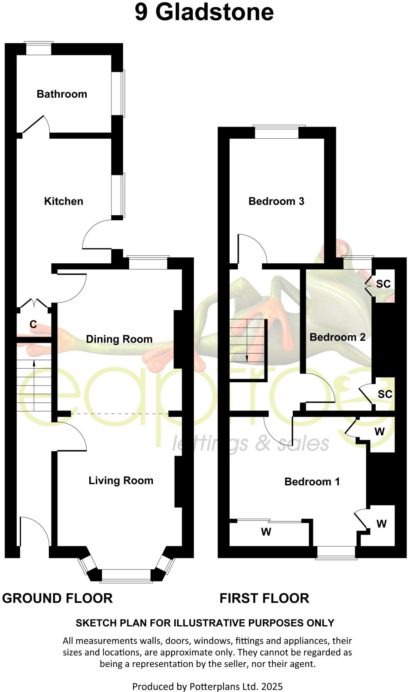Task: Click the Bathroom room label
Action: click(62, 94)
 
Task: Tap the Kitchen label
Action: click(63, 201)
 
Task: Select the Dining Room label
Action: click(119, 339)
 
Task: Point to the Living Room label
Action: click(121, 480)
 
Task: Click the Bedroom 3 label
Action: click(276, 201)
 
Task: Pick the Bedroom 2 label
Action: click(337, 337)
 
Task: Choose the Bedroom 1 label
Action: click(312, 482)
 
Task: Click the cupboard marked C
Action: click(33, 324)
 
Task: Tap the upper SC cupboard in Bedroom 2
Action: click(383, 284)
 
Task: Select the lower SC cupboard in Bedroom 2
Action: click(384, 394)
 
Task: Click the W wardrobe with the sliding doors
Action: click(266, 532)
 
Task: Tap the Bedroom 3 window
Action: click(277, 132)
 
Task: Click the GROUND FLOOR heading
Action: click(57, 598)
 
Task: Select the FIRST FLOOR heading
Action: click(264, 598)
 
